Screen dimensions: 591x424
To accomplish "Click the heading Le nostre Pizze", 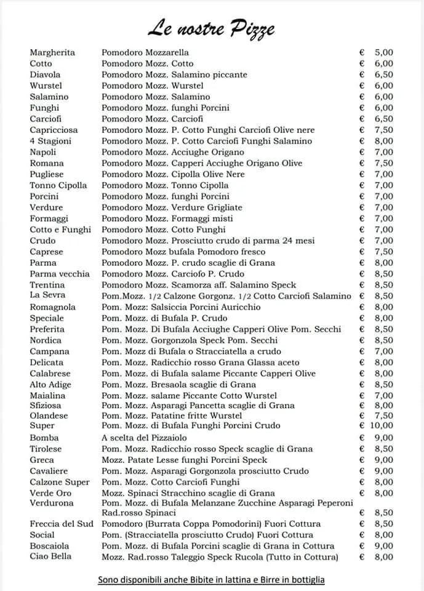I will point(210,27).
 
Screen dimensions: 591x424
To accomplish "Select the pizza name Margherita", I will point(52,52).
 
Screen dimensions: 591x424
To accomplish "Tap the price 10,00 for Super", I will point(381,425).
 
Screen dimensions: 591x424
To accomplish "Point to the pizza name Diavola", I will point(45,74).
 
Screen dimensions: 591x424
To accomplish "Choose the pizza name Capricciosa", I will point(55,130).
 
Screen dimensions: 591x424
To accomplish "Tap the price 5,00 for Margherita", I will point(383,52).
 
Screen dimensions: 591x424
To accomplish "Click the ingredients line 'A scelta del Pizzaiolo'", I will point(148,438).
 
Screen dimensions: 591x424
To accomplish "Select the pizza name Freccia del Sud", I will point(60,524).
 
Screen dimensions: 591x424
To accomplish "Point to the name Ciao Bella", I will point(50,557).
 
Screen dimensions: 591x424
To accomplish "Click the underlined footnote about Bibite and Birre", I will point(211,580).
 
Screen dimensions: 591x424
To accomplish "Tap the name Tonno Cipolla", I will point(58,185).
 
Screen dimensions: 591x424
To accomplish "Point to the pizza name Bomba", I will point(44,438).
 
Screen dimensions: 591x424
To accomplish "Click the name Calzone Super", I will point(60,482).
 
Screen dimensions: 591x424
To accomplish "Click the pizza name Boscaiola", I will point(49,546).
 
